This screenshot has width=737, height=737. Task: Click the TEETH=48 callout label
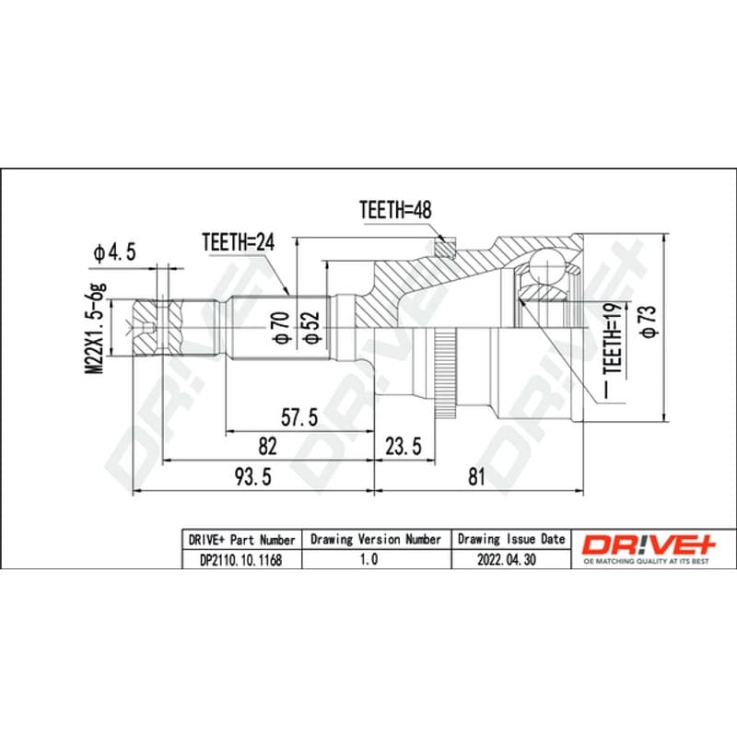tap(395, 210)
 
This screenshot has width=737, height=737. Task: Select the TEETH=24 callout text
tap(239, 242)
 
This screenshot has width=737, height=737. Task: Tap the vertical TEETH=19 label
tap(614, 338)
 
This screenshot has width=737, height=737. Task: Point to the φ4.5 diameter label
tap(114, 252)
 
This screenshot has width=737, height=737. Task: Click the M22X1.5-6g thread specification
tap(97, 328)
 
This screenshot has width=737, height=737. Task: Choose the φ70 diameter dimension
tap(282, 328)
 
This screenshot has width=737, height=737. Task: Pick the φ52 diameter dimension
tap(310, 328)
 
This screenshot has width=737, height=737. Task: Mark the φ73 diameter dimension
tap(649, 322)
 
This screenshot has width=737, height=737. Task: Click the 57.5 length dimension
tap(299, 417)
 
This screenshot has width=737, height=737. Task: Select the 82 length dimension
tap(267, 446)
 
